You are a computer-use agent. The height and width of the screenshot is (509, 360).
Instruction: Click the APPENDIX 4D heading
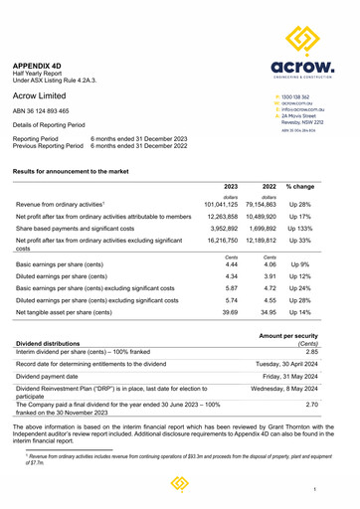[x=41, y=62]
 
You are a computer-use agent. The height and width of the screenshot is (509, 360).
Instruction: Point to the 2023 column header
[x=230, y=186]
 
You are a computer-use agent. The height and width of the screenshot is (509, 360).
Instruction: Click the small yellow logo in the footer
[x=180, y=484]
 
